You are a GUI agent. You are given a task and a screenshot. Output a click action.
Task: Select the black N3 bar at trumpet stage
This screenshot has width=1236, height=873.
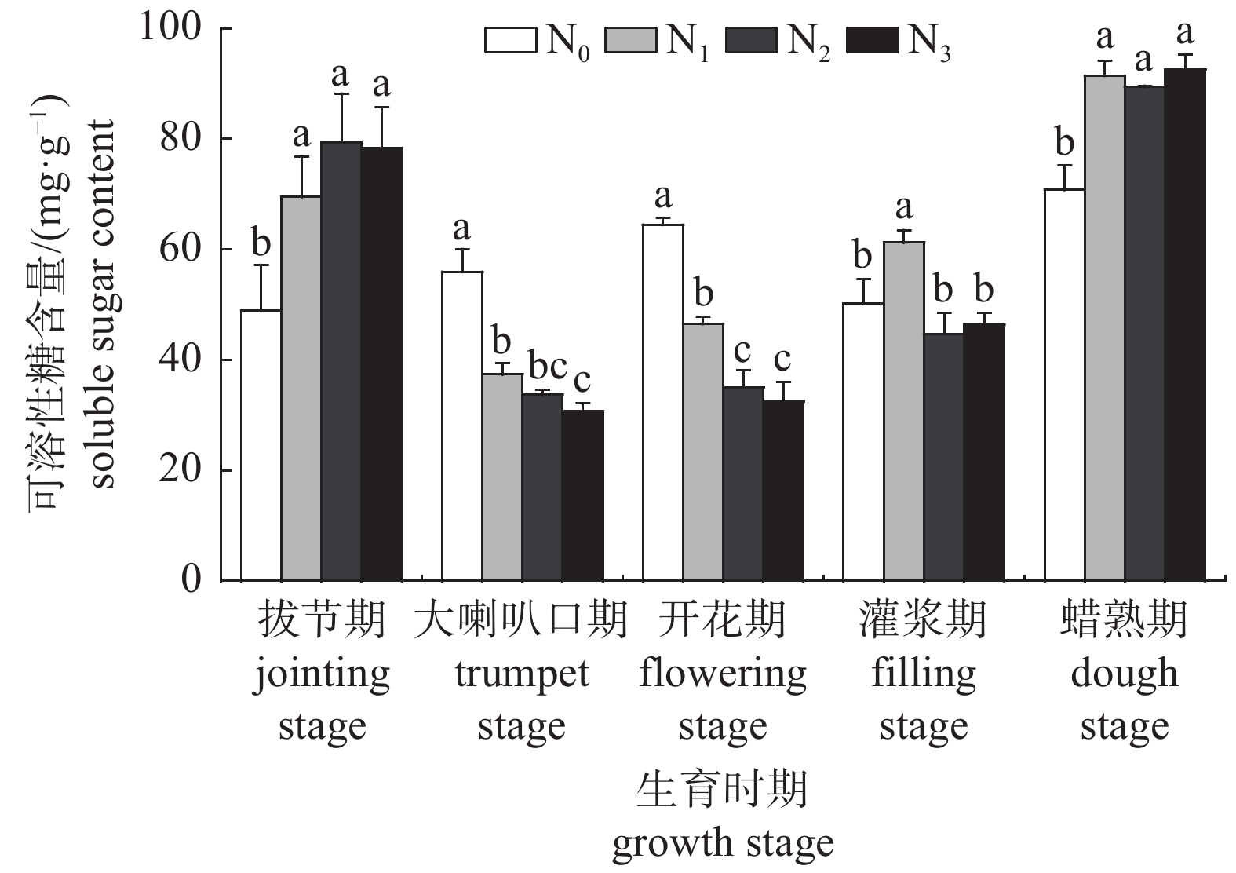[583, 495]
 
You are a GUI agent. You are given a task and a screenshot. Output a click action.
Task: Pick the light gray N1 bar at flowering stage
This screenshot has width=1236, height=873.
[703, 452]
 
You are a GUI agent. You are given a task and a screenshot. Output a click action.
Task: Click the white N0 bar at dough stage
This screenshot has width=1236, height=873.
[1064, 385]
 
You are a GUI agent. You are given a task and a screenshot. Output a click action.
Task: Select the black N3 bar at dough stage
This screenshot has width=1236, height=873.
[1184, 325]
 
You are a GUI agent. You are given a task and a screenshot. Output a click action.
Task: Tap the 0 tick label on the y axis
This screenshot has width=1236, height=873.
[192, 581]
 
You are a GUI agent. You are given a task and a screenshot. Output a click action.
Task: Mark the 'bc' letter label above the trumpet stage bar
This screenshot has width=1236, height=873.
[547, 365]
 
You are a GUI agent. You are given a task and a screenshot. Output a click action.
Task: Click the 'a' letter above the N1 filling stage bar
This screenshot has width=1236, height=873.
[904, 208]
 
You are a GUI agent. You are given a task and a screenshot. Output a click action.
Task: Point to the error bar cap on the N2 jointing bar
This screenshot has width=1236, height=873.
[341, 94]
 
